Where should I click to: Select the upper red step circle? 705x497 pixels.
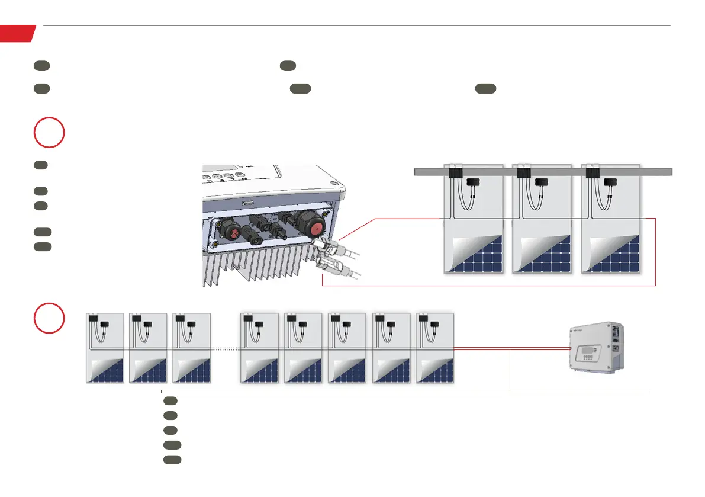pos(49,133)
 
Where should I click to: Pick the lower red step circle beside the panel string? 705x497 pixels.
pos(49,318)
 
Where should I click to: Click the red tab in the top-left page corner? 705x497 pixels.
pos(17,33)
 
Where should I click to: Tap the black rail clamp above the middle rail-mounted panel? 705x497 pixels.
pos(523,173)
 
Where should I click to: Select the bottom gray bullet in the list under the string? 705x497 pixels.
pos(172,459)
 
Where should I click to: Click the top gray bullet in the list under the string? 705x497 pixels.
pos(170,401)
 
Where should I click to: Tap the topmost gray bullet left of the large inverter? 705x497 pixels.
pos(40,165)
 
